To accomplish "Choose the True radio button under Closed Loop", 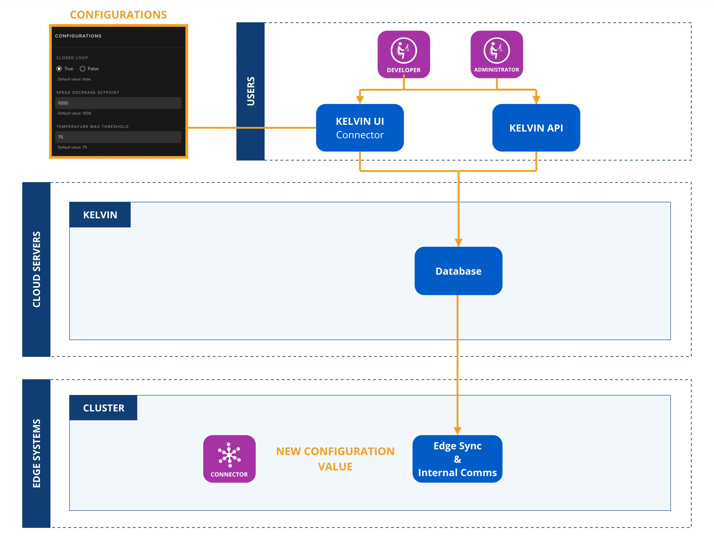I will tap(59, 69).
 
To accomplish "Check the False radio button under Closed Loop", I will tap(83, 69).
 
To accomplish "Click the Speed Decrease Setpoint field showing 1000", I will tap(118, 103).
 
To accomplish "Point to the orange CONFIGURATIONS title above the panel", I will tap(118, 15).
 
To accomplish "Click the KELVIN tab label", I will tap(100, 215).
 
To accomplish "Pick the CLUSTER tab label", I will tap(104, 408).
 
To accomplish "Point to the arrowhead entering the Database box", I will tap(458, 242).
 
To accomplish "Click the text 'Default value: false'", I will tap(74, 79).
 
